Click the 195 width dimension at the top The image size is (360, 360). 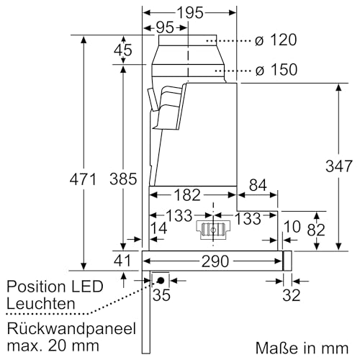pos(189,13)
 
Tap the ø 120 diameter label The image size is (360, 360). pos(276,40)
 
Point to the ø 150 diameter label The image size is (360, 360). pos(276,70)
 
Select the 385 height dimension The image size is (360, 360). pos(122,179)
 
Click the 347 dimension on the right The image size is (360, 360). pos(338,165)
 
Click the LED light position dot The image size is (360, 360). pos(160,279)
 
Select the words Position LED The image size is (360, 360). pos(55,287)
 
